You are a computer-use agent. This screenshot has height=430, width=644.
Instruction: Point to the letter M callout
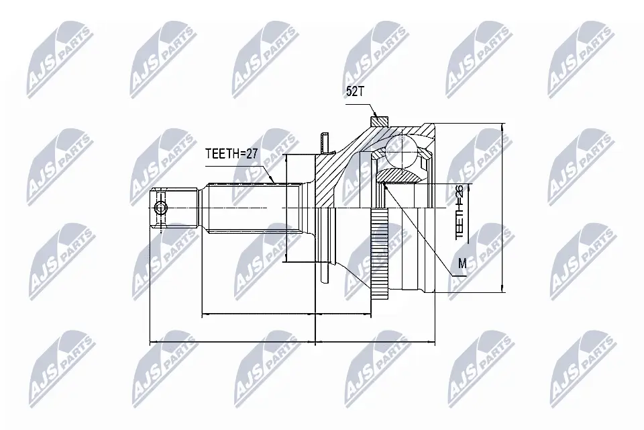tap(462, 264)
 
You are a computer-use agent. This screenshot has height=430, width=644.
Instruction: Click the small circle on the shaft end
tap(160, 209)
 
